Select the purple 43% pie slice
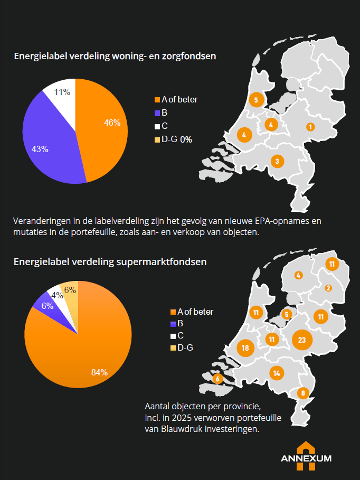pos(48,140)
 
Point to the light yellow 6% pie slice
pos(70,292)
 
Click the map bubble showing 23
pos(302,340)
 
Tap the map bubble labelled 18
pos(244,348)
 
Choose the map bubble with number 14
pos(277,373)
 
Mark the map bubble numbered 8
pos(302,393)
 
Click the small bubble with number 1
pos(310,127)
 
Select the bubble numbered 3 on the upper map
pos(277,161)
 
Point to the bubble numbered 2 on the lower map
pos(328,288)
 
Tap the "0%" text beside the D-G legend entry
pos(186,139)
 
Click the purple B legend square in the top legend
pos(157,113)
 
